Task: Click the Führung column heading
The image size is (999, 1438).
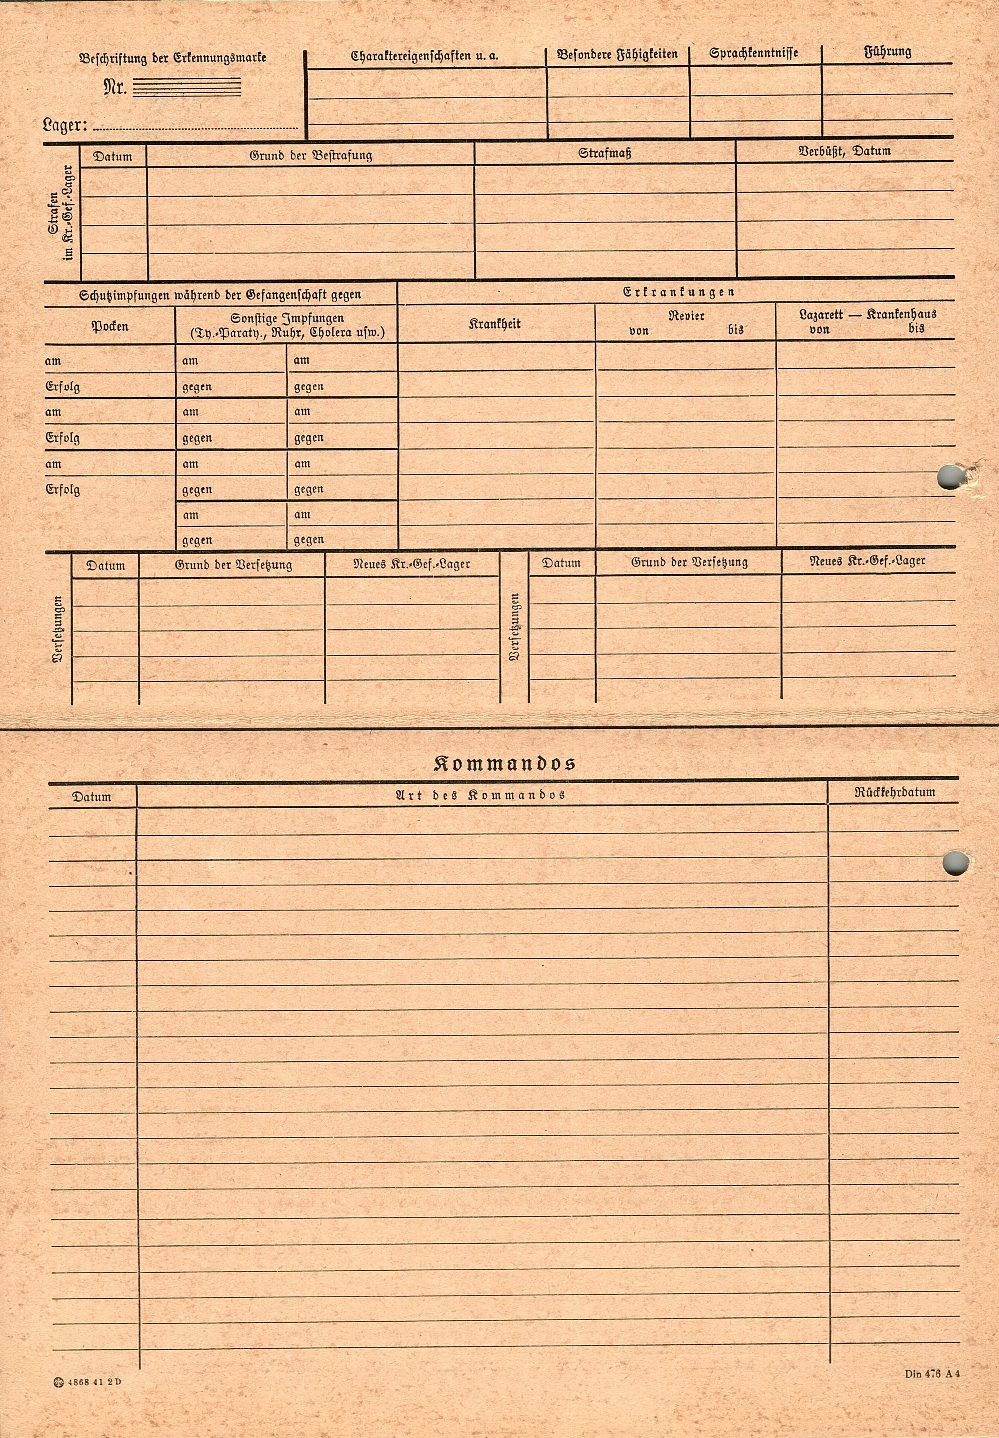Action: point(888,52)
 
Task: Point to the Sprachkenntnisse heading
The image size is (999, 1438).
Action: point(753,54)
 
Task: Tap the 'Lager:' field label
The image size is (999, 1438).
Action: point(65,125)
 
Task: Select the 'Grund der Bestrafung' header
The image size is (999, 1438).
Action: point(311,155)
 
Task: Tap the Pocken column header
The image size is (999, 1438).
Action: point(110,326)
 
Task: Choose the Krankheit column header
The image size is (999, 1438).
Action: point(494,324)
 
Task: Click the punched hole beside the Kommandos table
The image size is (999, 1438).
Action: point(953,864)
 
